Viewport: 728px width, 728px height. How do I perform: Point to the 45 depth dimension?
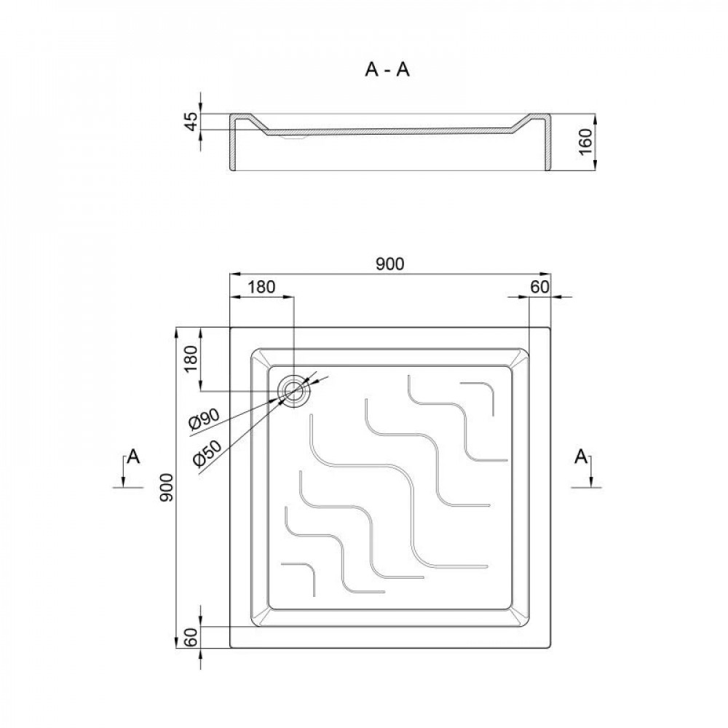pos(191,122)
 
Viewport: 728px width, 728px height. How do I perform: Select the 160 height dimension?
pos(584,143)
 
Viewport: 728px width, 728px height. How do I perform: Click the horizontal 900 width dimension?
pos(390,264)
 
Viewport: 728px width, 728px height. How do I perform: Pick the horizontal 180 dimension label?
pos(261,287)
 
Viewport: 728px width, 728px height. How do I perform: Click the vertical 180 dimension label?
pos(191,360)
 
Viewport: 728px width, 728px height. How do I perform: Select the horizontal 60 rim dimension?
pos(539,287)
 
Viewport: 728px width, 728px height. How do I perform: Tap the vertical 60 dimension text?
pos(191,638)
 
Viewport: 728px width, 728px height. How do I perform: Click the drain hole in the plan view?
pos(296,391)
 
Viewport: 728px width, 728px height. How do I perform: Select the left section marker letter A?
pos(133,457)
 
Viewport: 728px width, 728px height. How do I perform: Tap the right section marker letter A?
pos(581,457)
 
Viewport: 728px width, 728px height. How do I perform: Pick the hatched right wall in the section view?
pos(547,146)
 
